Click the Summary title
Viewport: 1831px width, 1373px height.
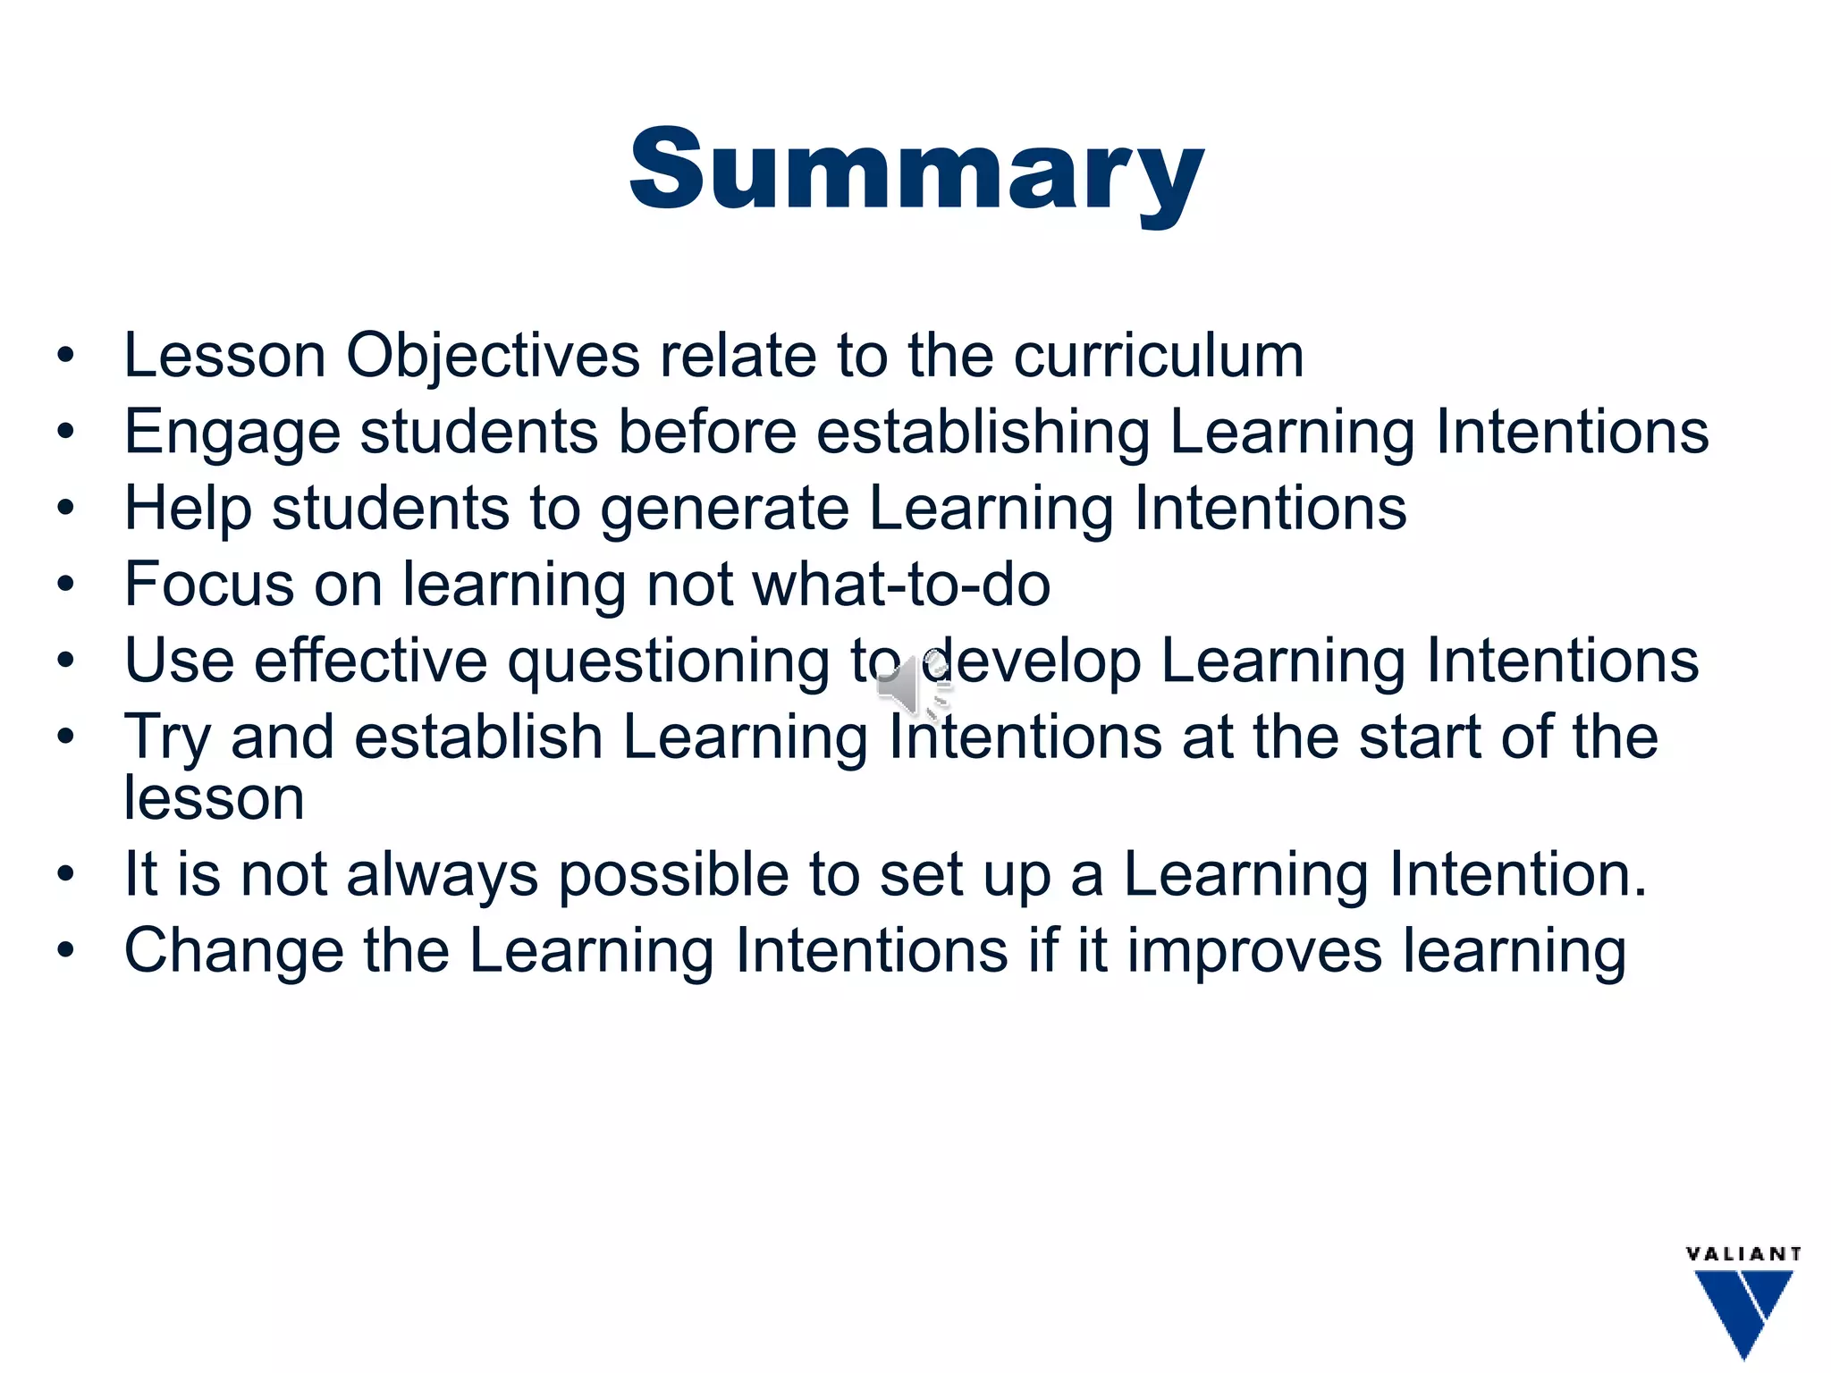tap(916, 170)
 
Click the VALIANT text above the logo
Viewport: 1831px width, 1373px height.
tap(1742, 1254)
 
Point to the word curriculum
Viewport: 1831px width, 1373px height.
tap(1159, 356)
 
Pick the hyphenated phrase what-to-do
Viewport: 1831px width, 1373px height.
tap(901, 585)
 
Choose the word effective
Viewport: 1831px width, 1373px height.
tap(370, 661)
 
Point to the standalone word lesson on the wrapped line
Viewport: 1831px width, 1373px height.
tap(214, 797)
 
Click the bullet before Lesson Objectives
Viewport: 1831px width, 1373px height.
tap(65, 357)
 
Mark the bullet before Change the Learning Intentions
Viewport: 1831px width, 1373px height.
tap(65, 950)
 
